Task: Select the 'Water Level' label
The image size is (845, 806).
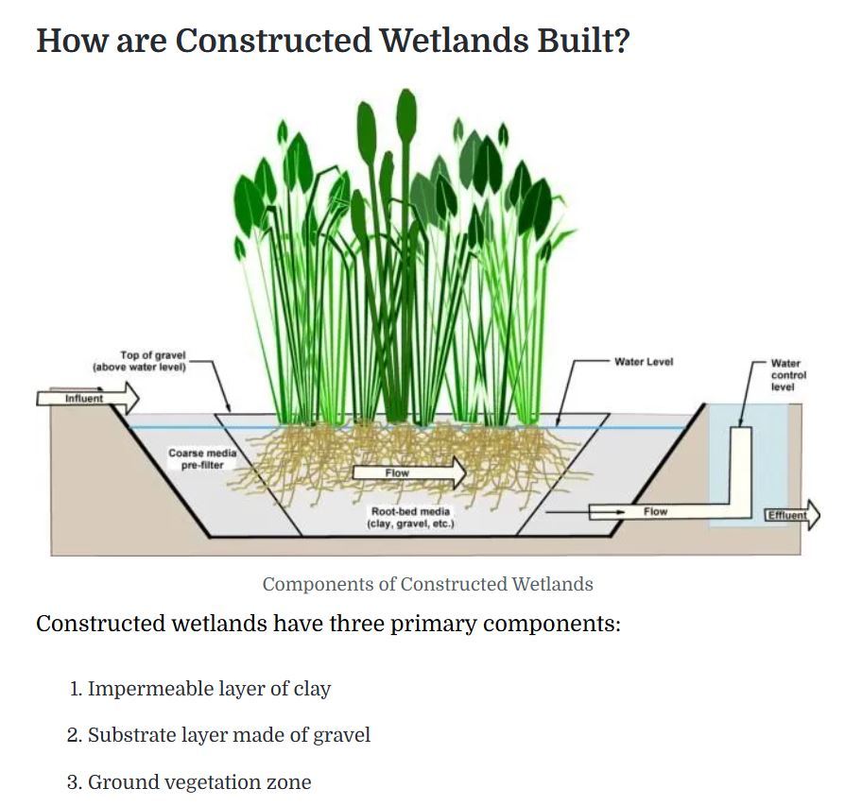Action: (643, 362)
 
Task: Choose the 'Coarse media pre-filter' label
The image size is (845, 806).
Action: (202, 458)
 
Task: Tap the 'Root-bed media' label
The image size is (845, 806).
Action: (410, 517)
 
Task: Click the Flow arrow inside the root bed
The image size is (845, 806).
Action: (408, 472)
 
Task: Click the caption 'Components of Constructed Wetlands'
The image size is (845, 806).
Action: (427, 584)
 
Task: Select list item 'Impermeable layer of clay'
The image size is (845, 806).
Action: (209, 689)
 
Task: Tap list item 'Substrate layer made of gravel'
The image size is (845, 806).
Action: (229, 735)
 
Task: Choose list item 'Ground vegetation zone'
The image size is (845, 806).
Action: (198, 782)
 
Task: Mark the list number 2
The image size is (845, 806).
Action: (74, 735)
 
